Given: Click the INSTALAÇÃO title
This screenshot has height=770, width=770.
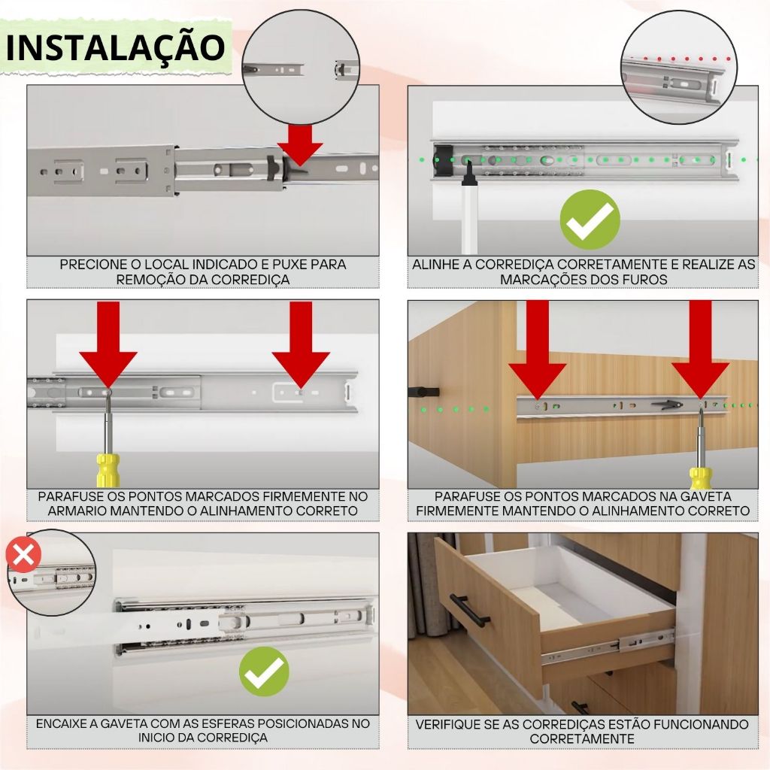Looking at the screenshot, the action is [x=115, y=47].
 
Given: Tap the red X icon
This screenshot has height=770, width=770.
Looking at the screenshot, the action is [x=23, y=556].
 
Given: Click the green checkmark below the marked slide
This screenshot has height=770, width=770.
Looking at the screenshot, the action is [x=590, y=220].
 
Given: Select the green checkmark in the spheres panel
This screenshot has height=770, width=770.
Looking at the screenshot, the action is [x=264, y=671].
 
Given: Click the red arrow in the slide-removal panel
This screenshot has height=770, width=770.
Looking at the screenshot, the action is [x=299, y=145].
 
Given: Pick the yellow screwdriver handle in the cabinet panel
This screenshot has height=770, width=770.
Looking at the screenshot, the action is [x=108, y=470].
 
